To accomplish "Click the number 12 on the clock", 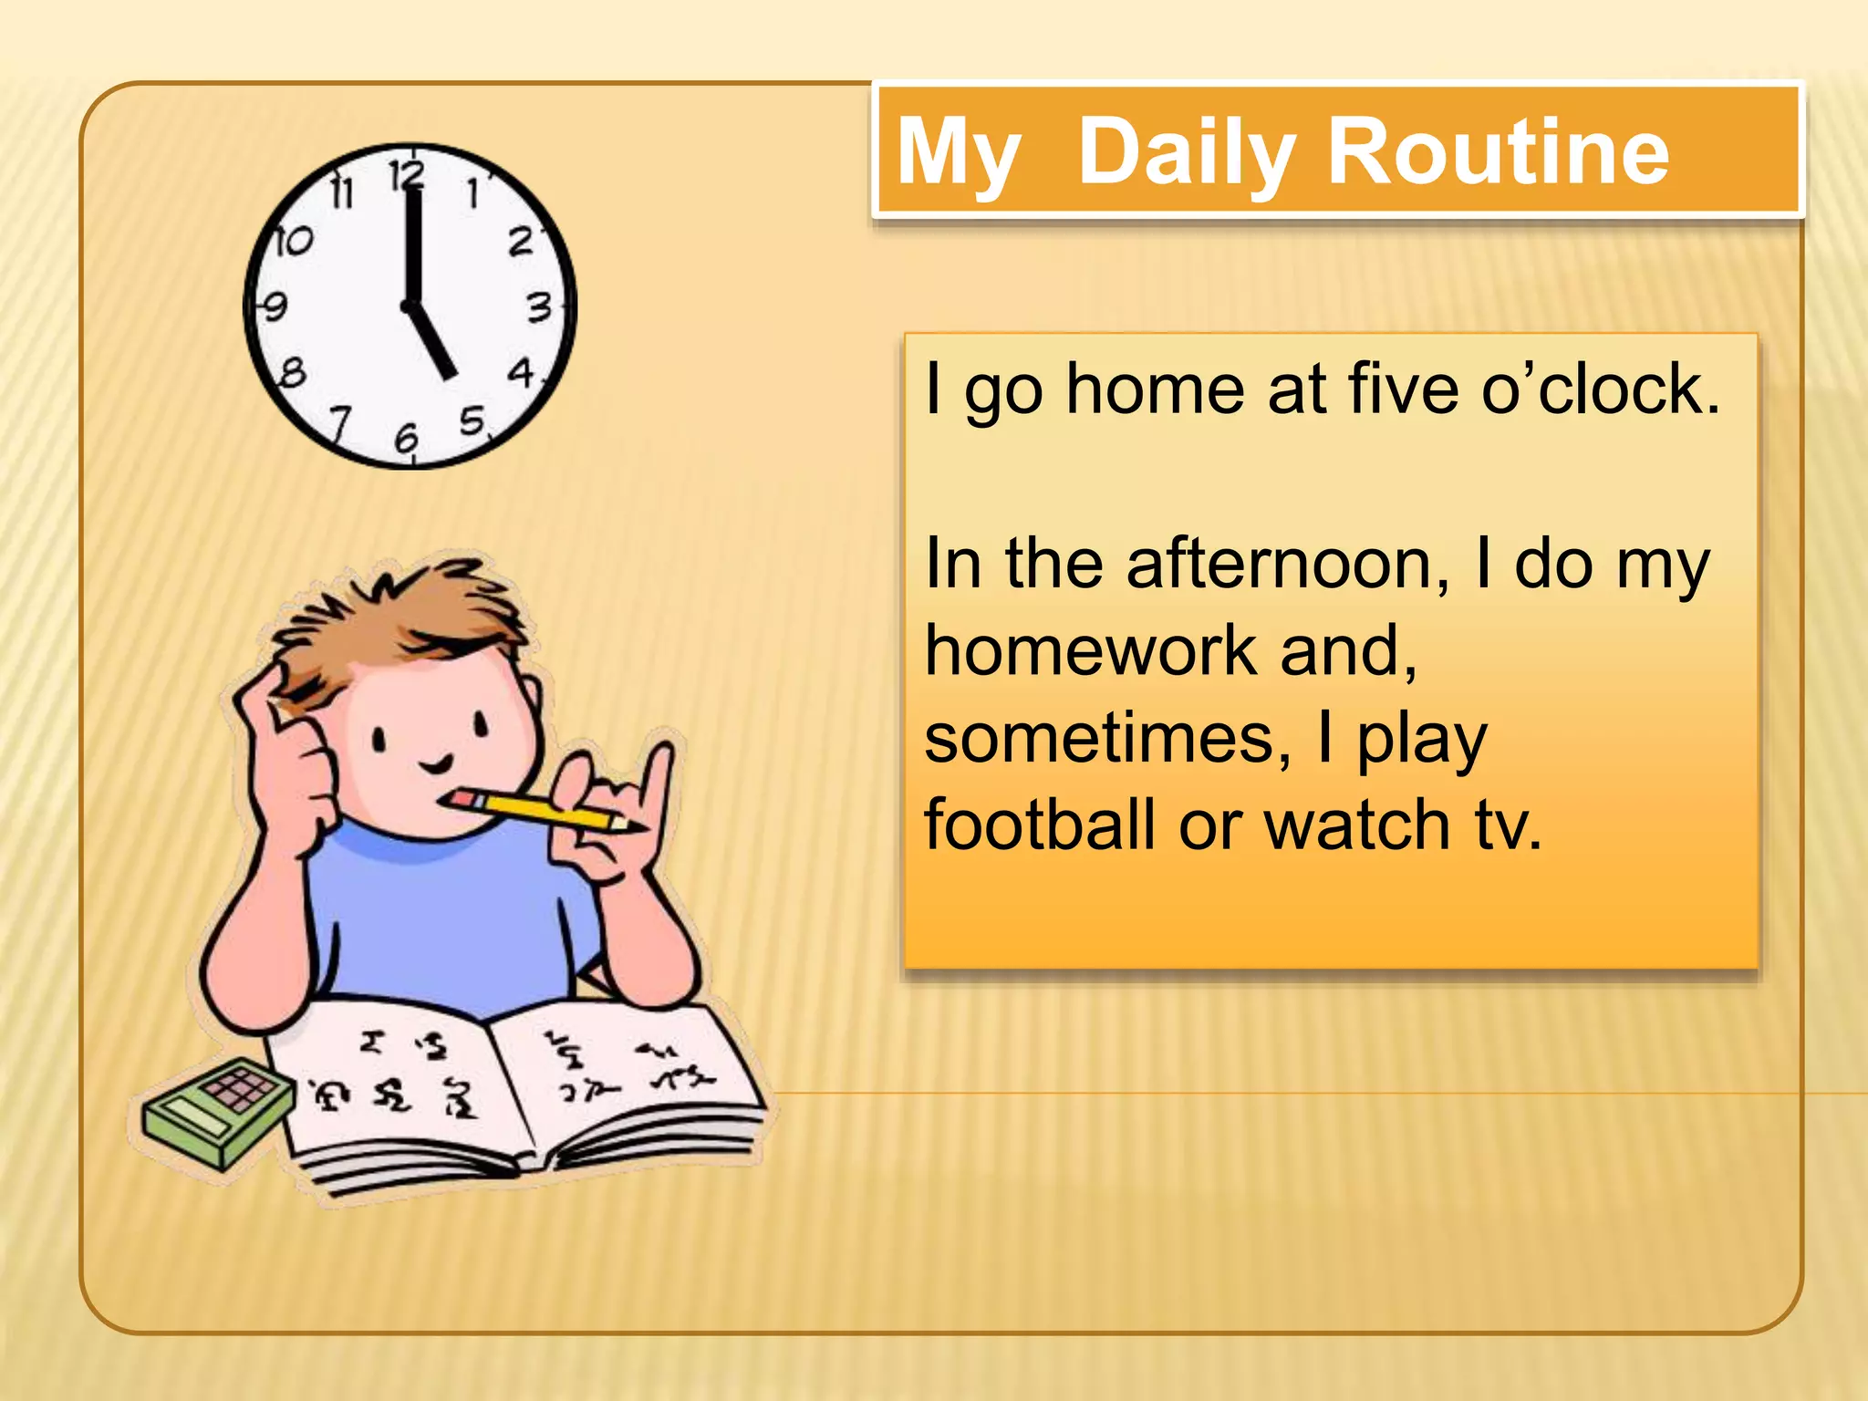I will pos(407,174).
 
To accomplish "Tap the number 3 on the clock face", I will pos(540,307).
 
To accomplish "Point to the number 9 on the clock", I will pos(273,306).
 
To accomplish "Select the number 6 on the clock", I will pos(406,439).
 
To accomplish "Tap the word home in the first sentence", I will pos(1155,389).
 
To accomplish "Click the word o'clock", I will pos(1601,389).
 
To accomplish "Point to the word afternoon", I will pos(1287,565).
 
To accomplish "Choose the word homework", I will pos(1091,651).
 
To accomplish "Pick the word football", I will pos(1040,825).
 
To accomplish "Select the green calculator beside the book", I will pos(214,1109).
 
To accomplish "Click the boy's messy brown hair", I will pos(401,620).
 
